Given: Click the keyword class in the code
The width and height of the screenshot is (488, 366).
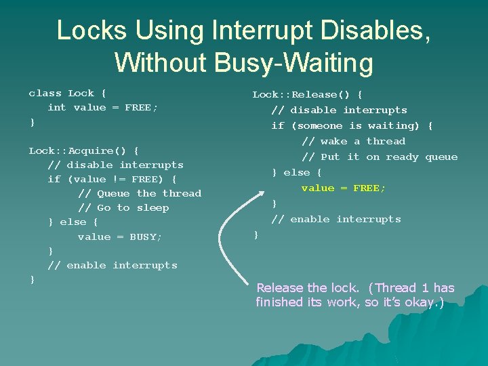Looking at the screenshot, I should (45, 94).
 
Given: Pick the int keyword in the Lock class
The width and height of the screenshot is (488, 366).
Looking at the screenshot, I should (57, 108).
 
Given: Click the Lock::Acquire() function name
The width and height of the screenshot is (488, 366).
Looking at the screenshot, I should (83, 150).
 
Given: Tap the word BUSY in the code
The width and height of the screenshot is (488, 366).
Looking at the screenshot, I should (145, 237).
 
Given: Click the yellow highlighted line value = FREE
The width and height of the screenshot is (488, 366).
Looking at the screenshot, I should (343, 188).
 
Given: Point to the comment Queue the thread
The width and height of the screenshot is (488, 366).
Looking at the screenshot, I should (140, 194).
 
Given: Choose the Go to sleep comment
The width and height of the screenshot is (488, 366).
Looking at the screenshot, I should (123, 208).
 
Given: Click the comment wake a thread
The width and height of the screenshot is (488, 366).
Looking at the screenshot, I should (353, 142).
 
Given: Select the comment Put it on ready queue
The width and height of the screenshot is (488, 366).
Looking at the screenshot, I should (380, 157).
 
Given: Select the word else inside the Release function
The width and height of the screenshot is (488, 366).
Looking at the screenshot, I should (296, 173).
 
